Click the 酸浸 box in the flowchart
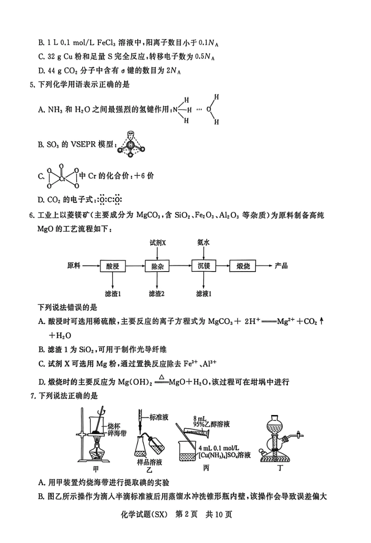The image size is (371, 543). pyautogui.click(x=112, y=266)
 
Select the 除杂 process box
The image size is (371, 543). pyautogui.click(x=157, y=266)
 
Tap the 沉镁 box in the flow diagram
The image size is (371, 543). pyautogui.click(x=204, y=266)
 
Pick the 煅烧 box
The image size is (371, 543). pyautogui.click(x=243, y=266)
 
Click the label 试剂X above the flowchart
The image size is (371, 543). pyautogui.click(x=158, y=243)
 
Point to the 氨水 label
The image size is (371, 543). pyautogui.click(x=203, y=243)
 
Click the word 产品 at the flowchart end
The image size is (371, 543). pyautogui.click(x=281, y=266)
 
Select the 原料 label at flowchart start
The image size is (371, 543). pyautogui.click(x=73, y=266)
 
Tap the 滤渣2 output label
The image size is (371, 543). pyautogui.click(x=157, y=294)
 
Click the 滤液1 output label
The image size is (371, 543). pyautogui.click(x=203, y=294)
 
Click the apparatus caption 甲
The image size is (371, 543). pyautogui.click(x=95, y=468)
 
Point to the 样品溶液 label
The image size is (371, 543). pyautogui.click(x=149, y=462)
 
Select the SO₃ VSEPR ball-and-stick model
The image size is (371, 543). pyautogui.click(x=131, y=145)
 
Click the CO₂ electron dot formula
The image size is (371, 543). pyautogui.click(x=110, y=200)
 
